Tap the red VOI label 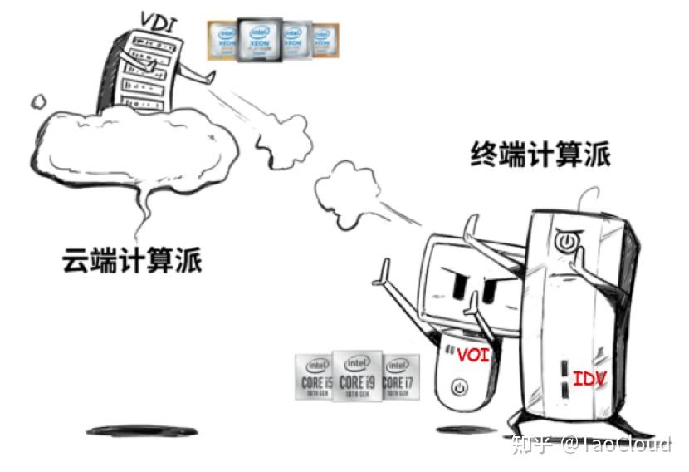click(473, 356)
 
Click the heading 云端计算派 click(133, 261)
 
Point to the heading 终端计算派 click(540, 155)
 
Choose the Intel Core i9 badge click(357, 376)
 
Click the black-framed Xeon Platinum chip click(258, 39)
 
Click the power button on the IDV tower click(565, 242)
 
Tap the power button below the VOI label click(462, 388)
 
